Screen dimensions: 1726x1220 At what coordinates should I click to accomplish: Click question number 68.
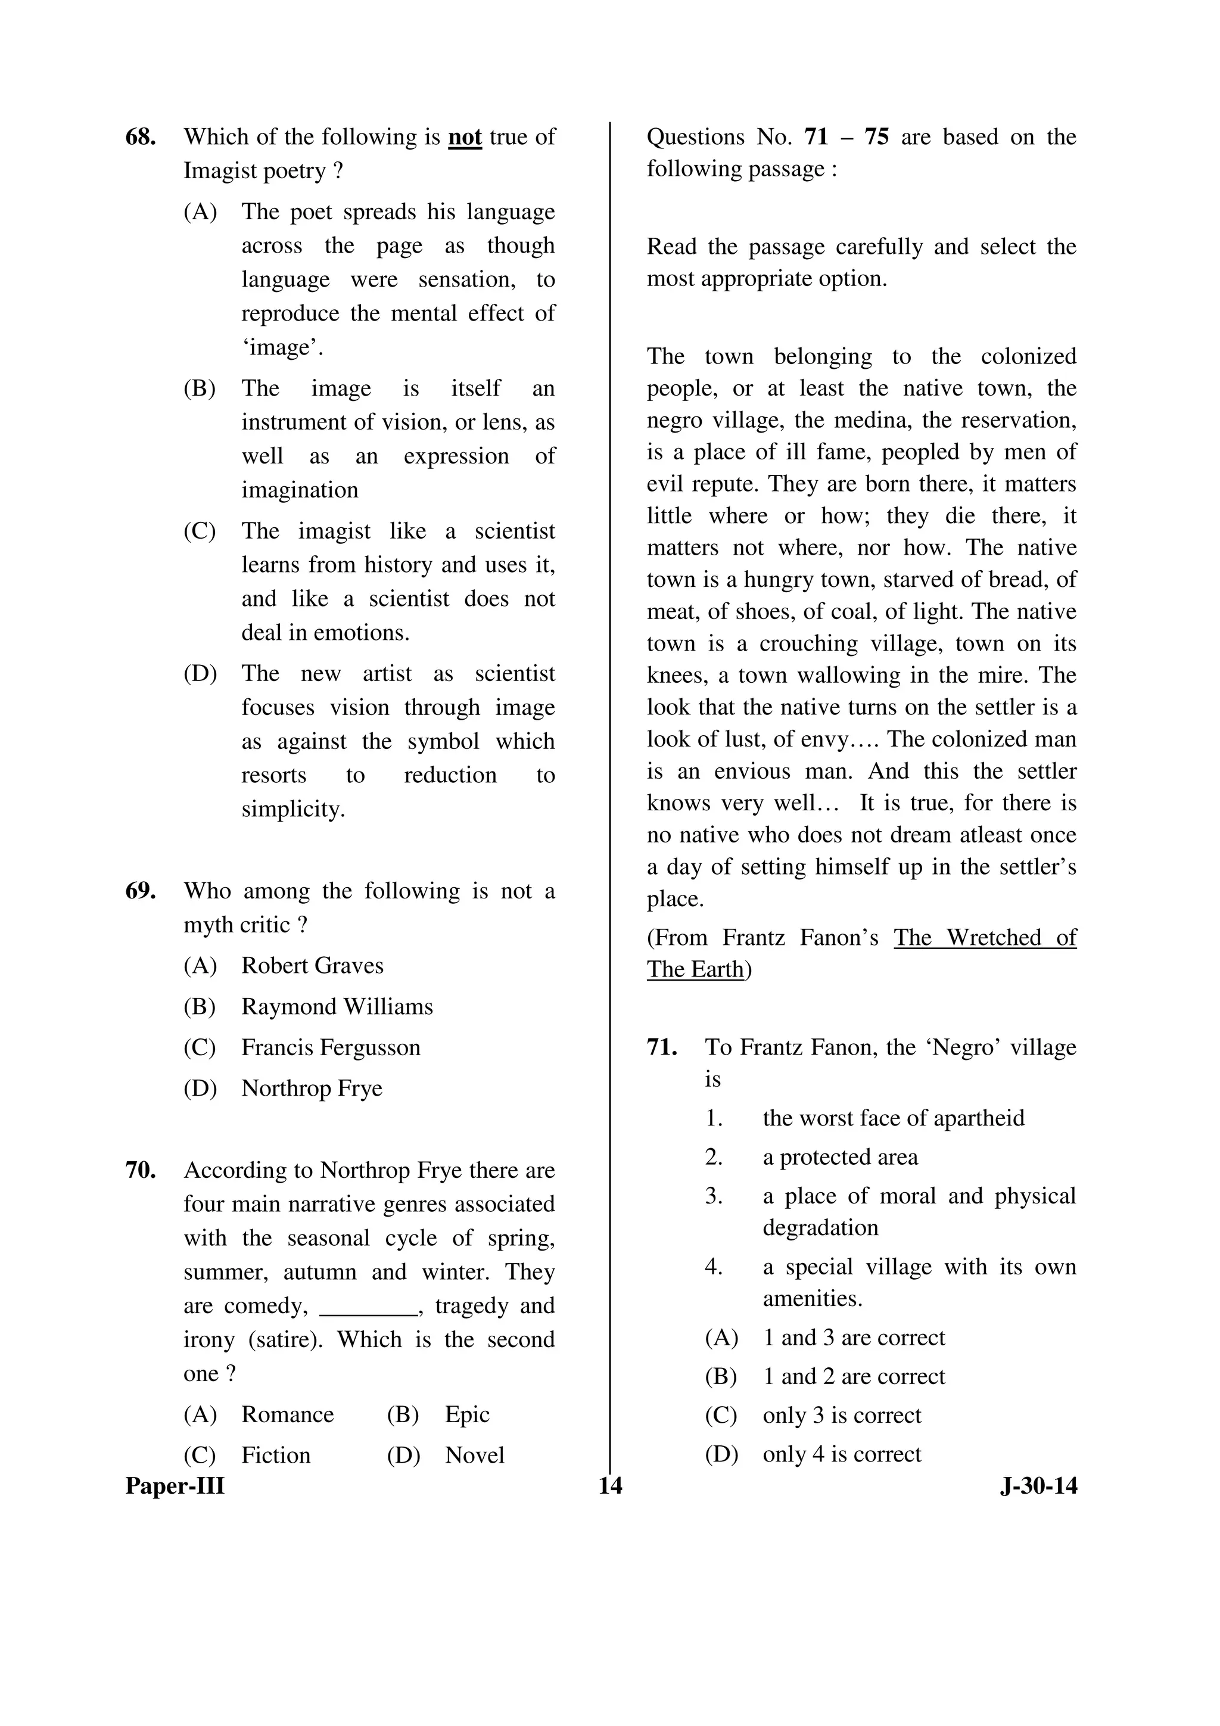click(x=141, y=138)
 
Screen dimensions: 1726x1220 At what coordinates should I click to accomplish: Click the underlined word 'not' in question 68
click(x=465, y=138)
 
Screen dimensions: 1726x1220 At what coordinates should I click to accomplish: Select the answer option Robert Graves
click(x=312, y=965)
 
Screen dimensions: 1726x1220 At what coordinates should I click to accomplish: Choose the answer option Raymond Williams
click(x=337, y=1006)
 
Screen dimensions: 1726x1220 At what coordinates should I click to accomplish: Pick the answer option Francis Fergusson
click(x=331, y=1047)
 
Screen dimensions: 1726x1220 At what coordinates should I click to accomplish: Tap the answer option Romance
click(x=287, y=1414)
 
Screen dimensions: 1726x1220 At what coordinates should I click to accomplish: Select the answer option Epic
click(x=467, y=1414)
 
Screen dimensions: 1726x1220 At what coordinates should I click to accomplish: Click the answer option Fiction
click(x=276, y=1455)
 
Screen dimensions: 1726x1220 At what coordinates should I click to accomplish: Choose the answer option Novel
click(x=474, y=1455)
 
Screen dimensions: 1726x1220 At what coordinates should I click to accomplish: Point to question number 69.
click(x=141, y=891)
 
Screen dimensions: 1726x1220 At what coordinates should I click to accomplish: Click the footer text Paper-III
click(x=175, y=1486)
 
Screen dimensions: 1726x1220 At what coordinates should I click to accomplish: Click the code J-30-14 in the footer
click(x=1039, y=1486)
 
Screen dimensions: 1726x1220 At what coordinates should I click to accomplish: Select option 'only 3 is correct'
click(x=841, y=1415)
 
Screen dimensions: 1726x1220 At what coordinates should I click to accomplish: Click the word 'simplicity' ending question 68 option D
click(x=292, y=809)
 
